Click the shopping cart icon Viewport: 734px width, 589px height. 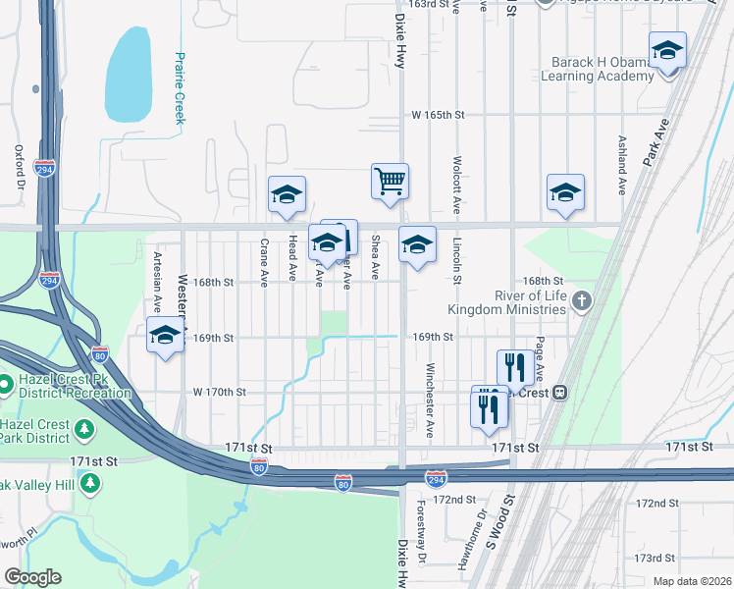pos(390,181)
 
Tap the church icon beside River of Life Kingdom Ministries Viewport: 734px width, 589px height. pos(582,300)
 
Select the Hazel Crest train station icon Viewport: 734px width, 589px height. pos(560,393)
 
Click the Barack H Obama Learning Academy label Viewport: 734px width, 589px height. pos(596,69)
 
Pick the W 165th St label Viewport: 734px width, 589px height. pos(437,115)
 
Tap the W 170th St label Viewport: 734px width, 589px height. pos(218,392)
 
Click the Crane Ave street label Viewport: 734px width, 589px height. pos(264,262)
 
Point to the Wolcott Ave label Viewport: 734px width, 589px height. pos(457,185)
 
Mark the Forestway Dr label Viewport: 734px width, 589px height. pos(423,540)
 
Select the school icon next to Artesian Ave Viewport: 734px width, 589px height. pos(165,335)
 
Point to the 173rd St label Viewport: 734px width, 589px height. pos(655,558)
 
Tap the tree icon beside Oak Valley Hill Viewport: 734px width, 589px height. pos(90,482)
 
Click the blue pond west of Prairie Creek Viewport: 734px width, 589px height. pos(133,69)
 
